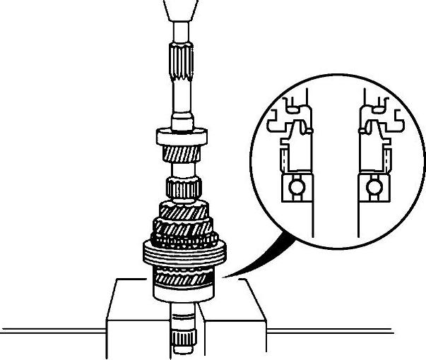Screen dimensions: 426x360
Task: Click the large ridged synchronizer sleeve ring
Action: coord(183,251)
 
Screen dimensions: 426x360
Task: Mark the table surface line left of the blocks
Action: coord(49,330)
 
